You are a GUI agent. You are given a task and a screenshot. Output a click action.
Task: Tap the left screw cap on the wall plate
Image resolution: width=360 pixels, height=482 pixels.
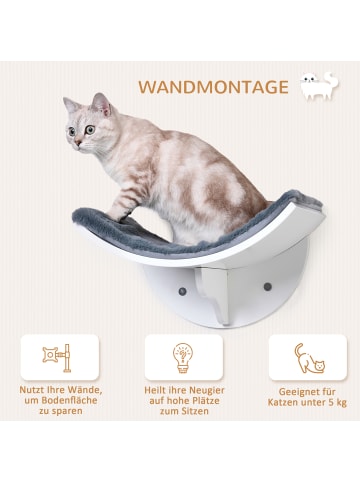[184, 289]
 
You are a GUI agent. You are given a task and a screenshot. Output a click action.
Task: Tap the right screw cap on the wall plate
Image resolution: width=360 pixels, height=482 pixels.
[268, 288]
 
